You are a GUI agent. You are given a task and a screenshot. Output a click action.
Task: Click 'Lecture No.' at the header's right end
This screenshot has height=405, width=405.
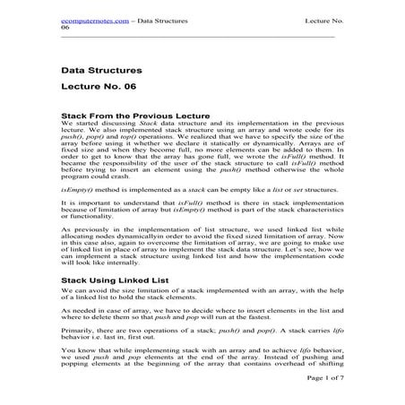click(323, 18)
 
